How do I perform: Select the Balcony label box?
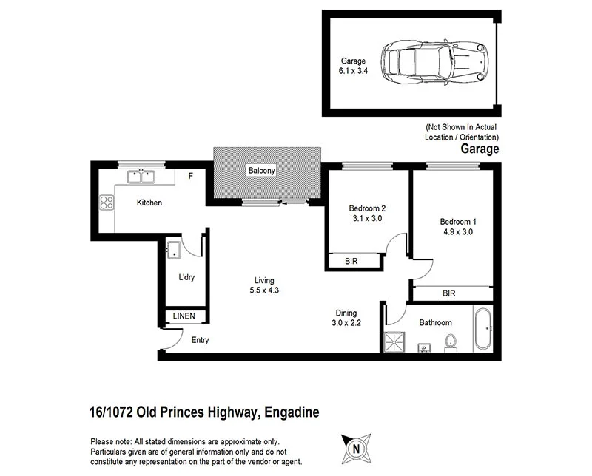coord(262,171)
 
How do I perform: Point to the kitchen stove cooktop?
coord(107,201)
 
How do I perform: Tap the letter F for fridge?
coord(190,177)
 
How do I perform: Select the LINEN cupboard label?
coord(184,316)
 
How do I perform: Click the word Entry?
coord(200,341)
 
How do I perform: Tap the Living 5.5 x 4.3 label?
coord(264,285)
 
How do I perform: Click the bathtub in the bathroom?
coord(484,329)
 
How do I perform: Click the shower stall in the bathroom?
coord(394,341)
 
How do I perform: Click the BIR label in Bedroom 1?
coord(448,293)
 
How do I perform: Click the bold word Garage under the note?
coord(480,149)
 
